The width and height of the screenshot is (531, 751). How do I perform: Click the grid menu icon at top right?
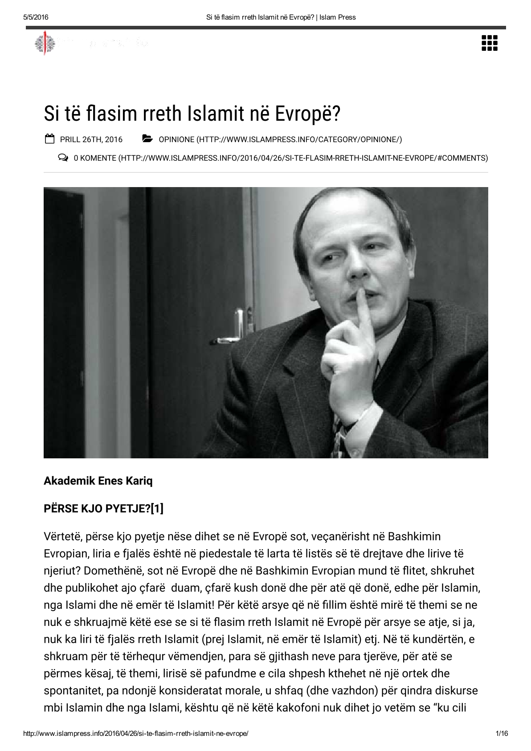[490, 43]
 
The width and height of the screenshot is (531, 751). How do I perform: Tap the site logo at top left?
[46, 43]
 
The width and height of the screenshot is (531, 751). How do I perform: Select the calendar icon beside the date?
[50, 139]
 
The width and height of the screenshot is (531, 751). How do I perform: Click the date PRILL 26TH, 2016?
[91, 139]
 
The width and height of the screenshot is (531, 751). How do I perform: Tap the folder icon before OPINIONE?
[147, 139]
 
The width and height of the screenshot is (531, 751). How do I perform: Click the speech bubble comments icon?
[64, 158]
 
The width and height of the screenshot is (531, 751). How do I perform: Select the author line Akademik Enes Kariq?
[98, 481]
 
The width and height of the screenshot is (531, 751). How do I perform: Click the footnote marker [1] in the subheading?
[157, 509]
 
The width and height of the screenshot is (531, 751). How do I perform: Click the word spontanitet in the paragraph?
[71, 690]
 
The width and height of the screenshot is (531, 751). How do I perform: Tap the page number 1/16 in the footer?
[501, 733]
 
